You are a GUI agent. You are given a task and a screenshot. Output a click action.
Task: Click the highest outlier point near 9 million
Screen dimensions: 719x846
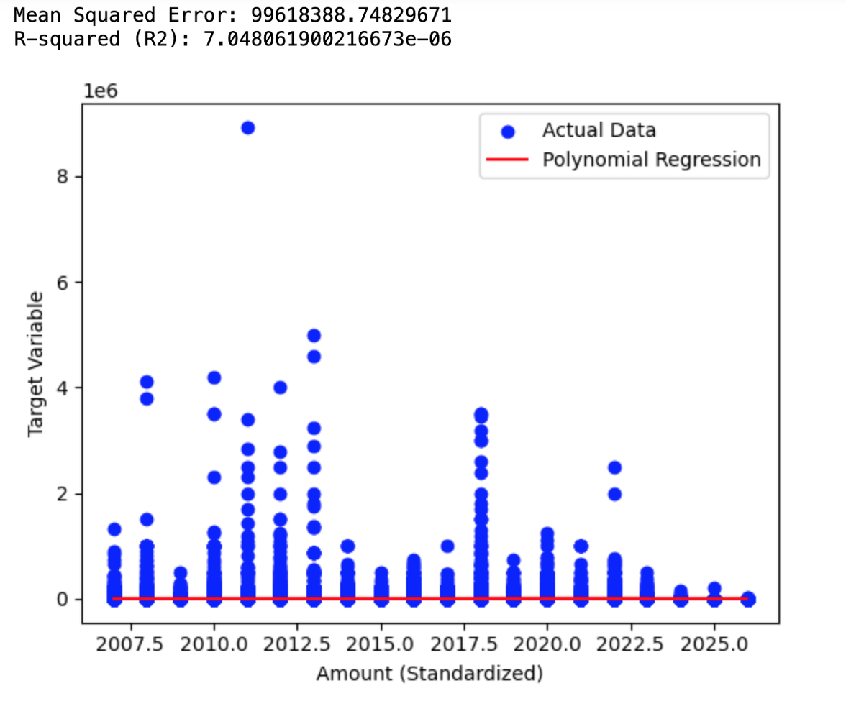click(x=247, y=128)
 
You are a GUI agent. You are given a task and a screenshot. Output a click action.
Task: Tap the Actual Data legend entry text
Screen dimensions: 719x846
click(x=599, y=130)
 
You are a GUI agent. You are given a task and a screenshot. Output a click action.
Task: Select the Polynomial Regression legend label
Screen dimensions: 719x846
click(x=651, y=159)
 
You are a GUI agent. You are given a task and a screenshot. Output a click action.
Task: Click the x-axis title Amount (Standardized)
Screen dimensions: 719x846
click(x=429, y=674)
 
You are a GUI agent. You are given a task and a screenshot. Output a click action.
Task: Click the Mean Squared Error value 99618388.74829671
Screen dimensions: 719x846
click(x=351, y=14)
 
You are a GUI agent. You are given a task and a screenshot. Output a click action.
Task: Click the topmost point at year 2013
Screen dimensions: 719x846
click(x=314, y=336)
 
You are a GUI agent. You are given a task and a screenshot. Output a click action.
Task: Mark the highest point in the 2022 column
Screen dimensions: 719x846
click(x=614, y=467)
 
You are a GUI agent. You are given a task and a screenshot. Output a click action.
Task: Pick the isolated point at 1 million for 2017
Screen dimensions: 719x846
click(x=447, y=546)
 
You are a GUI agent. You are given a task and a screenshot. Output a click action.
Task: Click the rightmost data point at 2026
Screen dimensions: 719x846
click(x=748, y=598)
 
